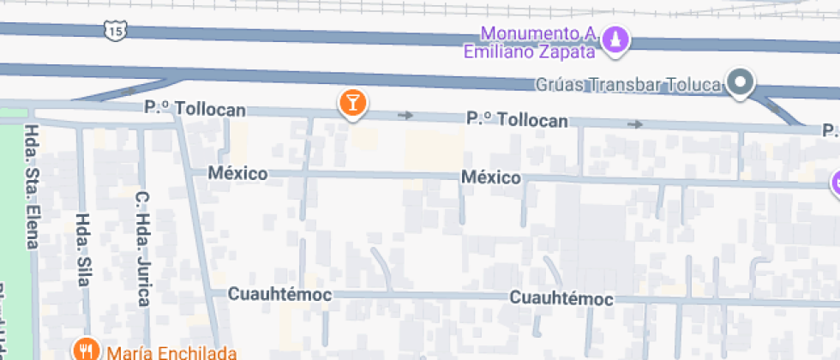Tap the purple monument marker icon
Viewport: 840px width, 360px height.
pyautogui.click(x=616, y=39)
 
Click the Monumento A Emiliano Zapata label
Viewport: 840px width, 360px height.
pyautogui.click(x=529, y=42)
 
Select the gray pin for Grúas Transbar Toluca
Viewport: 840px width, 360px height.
pyautogui.click(x=740, y=82)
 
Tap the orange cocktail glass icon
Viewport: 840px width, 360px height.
pyautogui.click(x=352, y=104)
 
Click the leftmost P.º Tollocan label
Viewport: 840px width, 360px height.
pyautogui.click(x=195, y=110)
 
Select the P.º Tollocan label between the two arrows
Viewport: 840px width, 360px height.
pyautogui.click(x=517, y=121)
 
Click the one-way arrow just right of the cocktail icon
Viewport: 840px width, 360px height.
pyautogui.click(x=406, y=115)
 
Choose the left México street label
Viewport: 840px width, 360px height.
pyautogui.click(x=237, y=173)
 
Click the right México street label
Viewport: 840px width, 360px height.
pyautogui.click(x=491, y=177)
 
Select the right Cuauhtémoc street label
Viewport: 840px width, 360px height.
pyautogui.click(x=561, y=298)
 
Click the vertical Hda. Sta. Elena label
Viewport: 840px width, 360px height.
pyautogui.click(x=33, y=186)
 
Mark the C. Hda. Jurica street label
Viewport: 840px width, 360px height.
pyautogui.click(x=142, y=249)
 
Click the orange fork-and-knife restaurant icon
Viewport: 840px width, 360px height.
pyautogui.click(x=85, y=349)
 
